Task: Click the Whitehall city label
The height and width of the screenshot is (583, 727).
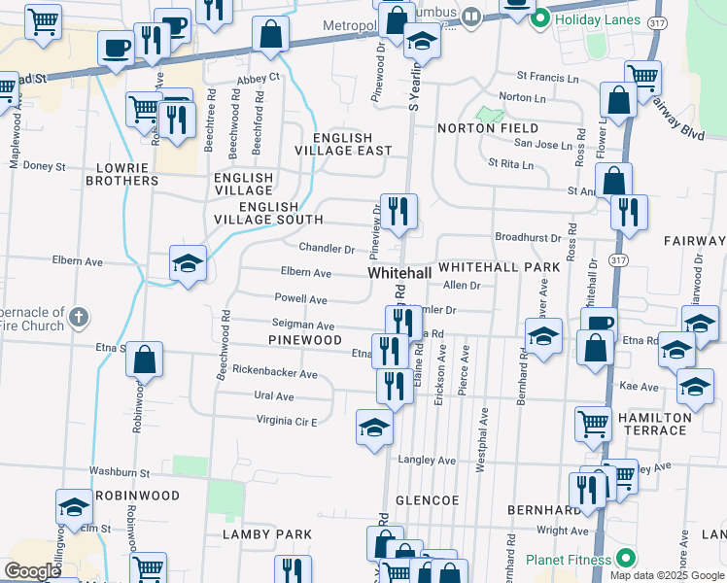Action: pos(398,275)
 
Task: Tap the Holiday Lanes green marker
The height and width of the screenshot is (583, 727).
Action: pos(541,18)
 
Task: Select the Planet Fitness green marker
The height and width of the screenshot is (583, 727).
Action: pos(624,559)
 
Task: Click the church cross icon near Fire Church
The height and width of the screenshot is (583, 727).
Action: pos(80,317)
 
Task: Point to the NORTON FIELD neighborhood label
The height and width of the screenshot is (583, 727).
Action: pos(475,128)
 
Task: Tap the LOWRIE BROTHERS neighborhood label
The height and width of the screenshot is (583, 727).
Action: pos(121,173)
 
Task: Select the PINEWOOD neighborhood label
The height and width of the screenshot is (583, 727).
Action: pos(304,340)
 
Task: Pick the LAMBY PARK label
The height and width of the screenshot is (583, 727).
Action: pos(267,534)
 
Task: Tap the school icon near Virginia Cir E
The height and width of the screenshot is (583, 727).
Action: pos(374,428)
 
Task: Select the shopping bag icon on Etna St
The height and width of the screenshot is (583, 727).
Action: pos(144,360)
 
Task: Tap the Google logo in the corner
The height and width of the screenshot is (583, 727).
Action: pos(32,571)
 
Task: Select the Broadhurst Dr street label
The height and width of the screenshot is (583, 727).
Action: pos(528,237)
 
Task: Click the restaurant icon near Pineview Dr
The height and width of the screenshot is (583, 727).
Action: pos(398,211)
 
